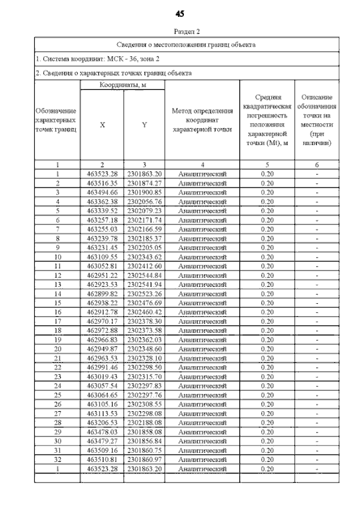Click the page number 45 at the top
click(x=179, y=13)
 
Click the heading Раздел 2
click(x=187, y=31)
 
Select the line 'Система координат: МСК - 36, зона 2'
click(x=97, y=58)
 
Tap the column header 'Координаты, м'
click(x=123, y=84)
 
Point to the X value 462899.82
click(x=102, y=293)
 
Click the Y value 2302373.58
click(x=145, y=329)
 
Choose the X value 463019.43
click(x=102, y=376)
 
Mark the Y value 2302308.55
click(x=145, y=403)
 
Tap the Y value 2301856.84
click(x=145, y=441)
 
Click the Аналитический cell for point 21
click(x=202, y=358)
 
